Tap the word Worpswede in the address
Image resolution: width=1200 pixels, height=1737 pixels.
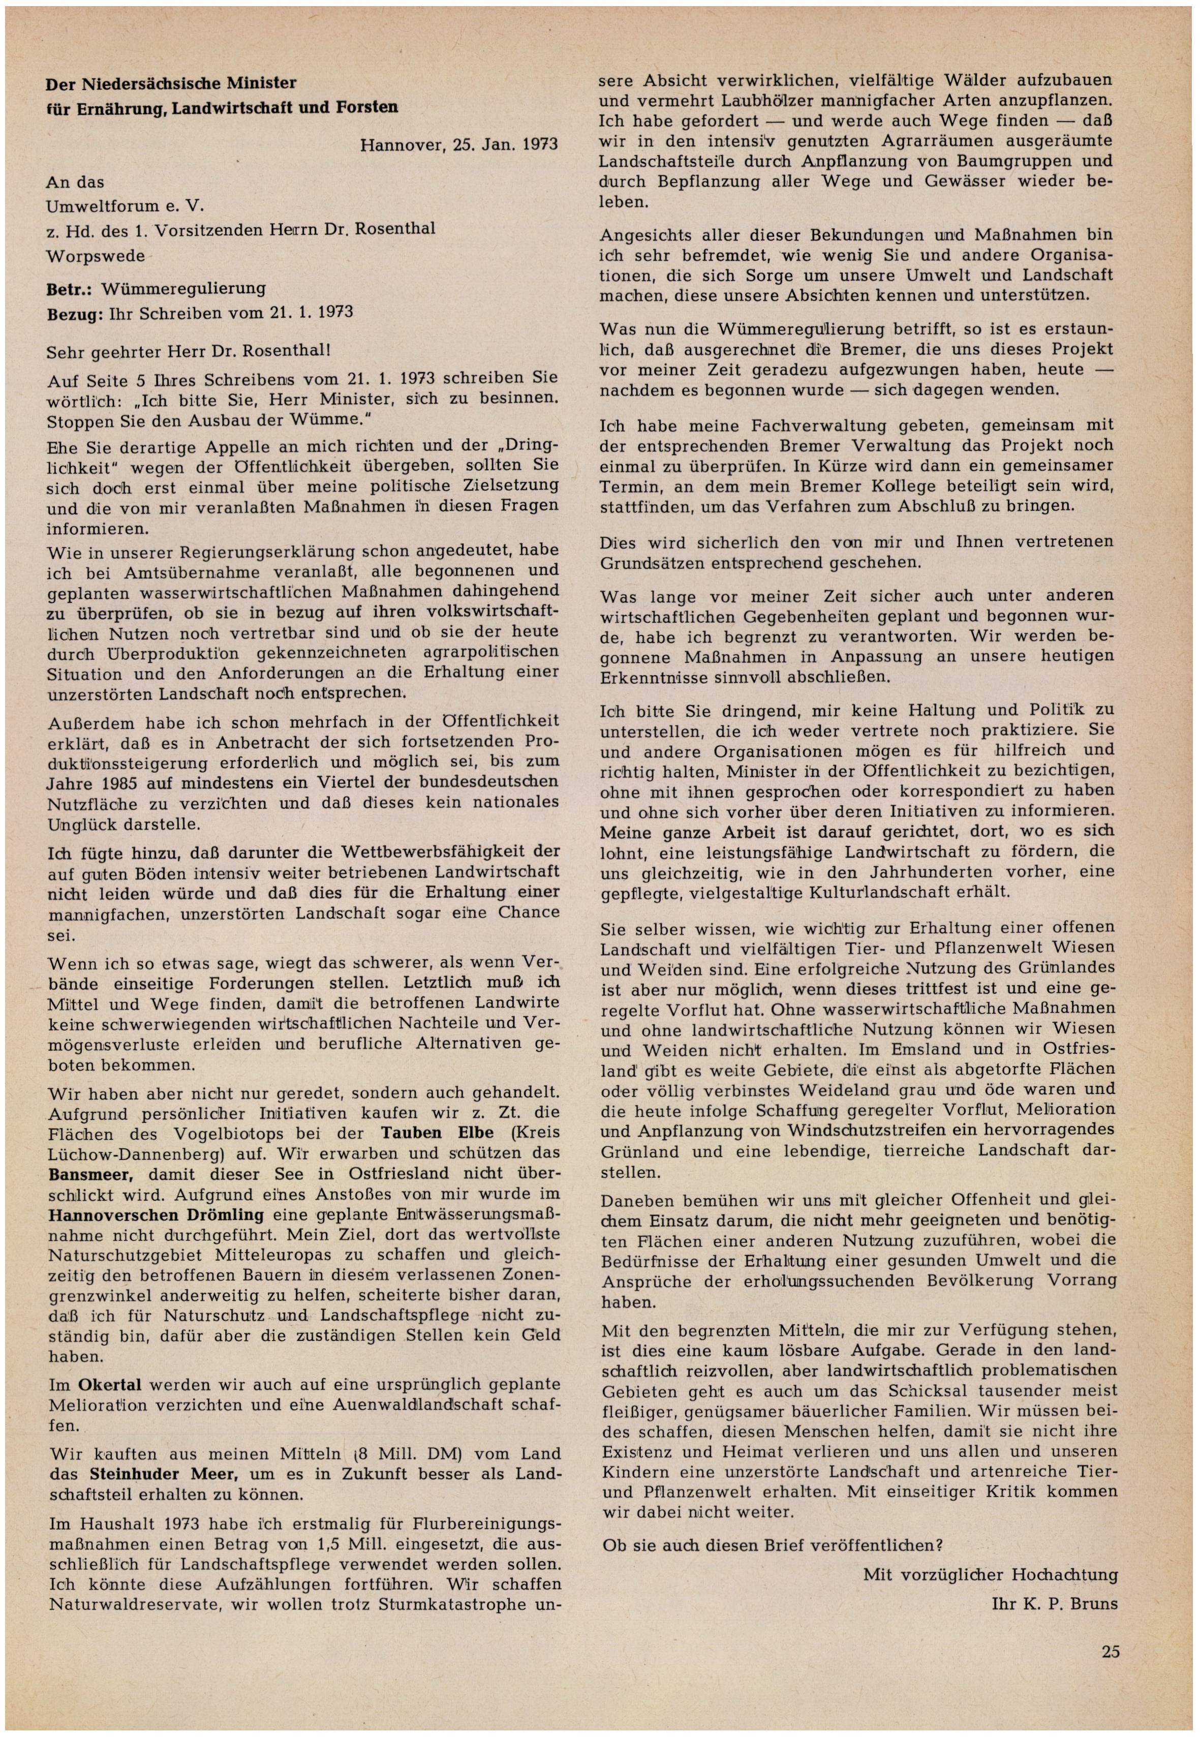point(96,256)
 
